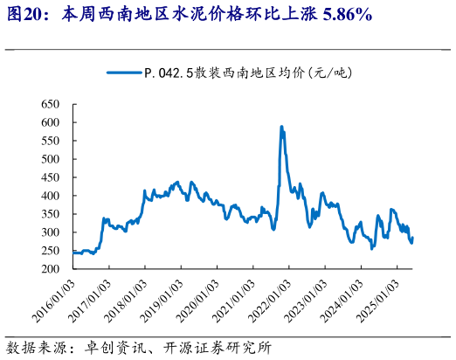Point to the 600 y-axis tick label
click(x=50, y=123)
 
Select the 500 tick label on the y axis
click(x=50, y=160)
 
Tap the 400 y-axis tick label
click(x=50, y=197)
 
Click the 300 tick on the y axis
click(x=50, y=233)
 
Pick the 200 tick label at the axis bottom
click(x=50, y=269)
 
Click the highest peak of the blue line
click(x=281, y=127)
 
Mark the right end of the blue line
click(x=412, y=238)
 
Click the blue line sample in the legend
click(x=124, y=74)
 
